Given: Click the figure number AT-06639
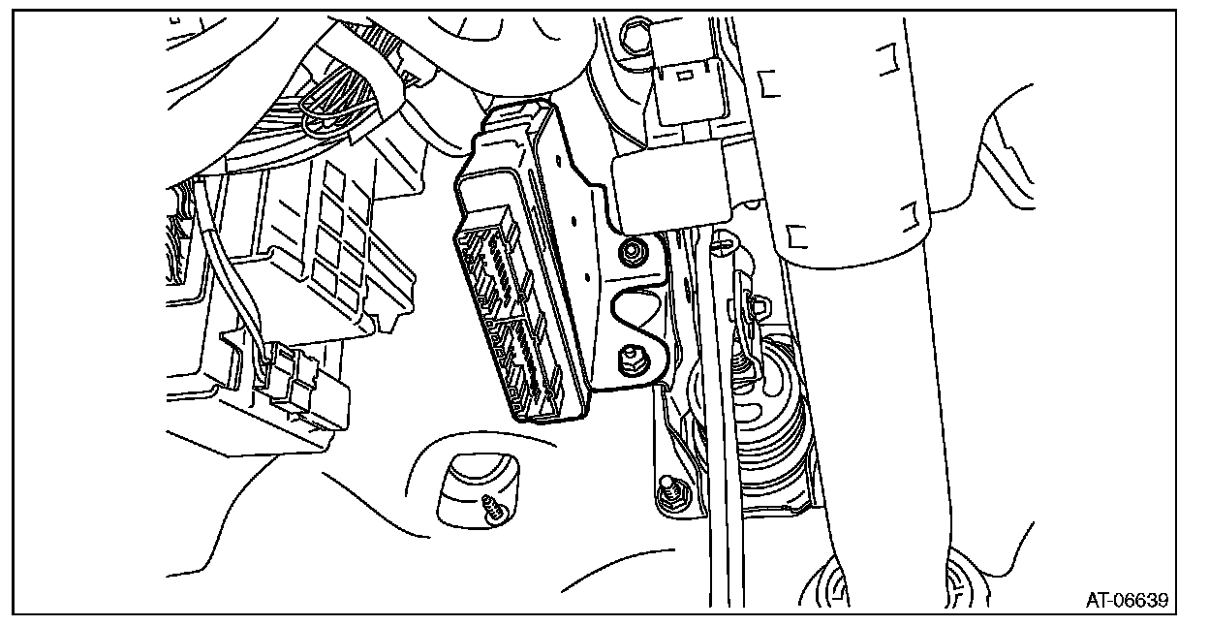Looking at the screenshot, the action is [1127, 600].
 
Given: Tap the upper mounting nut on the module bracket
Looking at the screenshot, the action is [632, 252].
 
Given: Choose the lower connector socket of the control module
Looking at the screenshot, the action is [522, 367].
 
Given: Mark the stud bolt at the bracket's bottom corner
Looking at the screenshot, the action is [669, 493].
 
